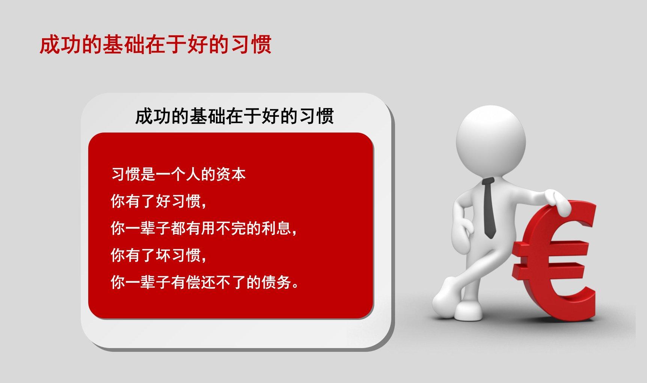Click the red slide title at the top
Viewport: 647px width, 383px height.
155,45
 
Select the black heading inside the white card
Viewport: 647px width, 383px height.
234,116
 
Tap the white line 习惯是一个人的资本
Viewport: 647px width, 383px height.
178,175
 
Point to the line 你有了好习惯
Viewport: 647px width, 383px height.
158,202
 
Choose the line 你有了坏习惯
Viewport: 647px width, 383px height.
158,255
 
